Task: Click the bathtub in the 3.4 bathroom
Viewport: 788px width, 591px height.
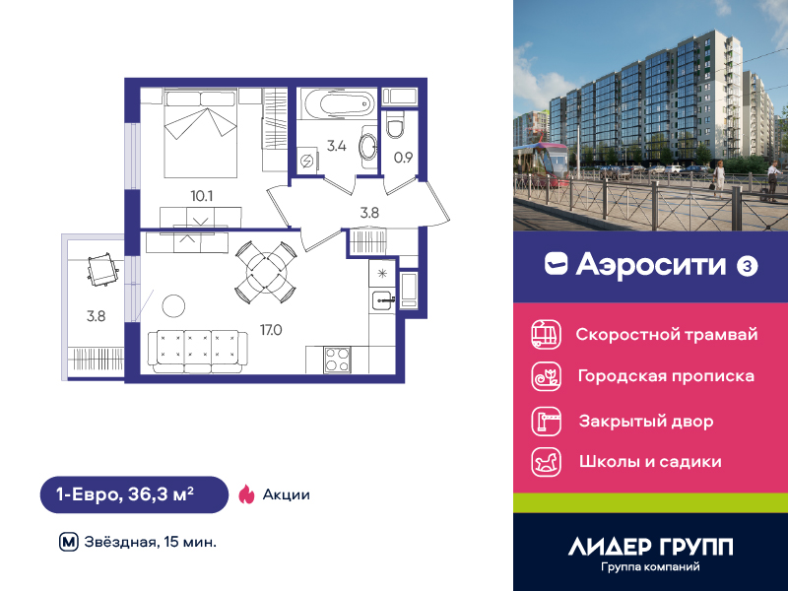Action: (337, 104)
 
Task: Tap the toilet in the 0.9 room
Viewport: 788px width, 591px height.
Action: (395, 124)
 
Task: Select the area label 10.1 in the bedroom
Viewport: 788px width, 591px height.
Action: (202, 196)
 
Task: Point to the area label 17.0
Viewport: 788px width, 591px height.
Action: (271, 330)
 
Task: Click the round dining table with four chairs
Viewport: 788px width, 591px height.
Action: (266, 273)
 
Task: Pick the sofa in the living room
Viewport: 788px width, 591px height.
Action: (198, 352)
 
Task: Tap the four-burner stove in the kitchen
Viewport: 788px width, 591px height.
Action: (337, 360)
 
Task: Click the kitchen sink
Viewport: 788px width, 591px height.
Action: (383, 301)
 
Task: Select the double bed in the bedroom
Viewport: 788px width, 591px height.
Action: (201, 133)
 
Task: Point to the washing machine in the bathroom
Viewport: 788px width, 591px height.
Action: (306, 161)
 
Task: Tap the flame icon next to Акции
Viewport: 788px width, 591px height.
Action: (246, 494)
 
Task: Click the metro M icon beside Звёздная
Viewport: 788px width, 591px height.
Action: (69, 543)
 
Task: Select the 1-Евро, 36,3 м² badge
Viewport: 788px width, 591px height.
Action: (134, 494)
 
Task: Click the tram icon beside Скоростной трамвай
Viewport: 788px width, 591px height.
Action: (547, 334)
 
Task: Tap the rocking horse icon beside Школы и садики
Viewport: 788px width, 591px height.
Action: (547, 462)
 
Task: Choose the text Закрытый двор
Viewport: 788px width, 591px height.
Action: (646, 422)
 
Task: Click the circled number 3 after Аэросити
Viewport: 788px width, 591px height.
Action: (747, 266)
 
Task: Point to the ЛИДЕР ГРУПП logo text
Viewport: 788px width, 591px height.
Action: (650, 547)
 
